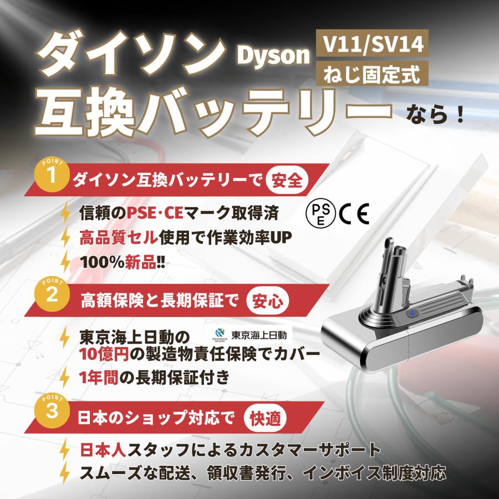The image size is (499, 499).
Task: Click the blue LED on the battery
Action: coord(413,314)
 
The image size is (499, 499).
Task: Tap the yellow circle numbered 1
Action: coord(52,176)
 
